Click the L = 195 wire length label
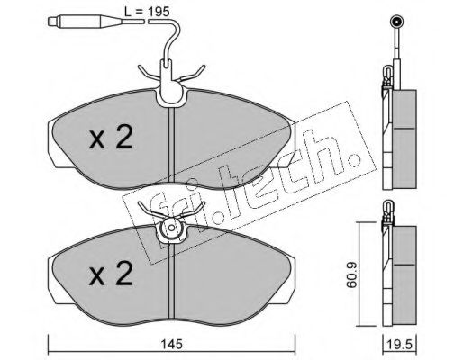point(147,12)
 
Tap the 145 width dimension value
point(171,344)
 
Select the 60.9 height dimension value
point(351,274)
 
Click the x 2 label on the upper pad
point(111,138)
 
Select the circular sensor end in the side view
point(396,22)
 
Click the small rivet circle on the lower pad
point(171,228)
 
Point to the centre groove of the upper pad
point(171,145)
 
